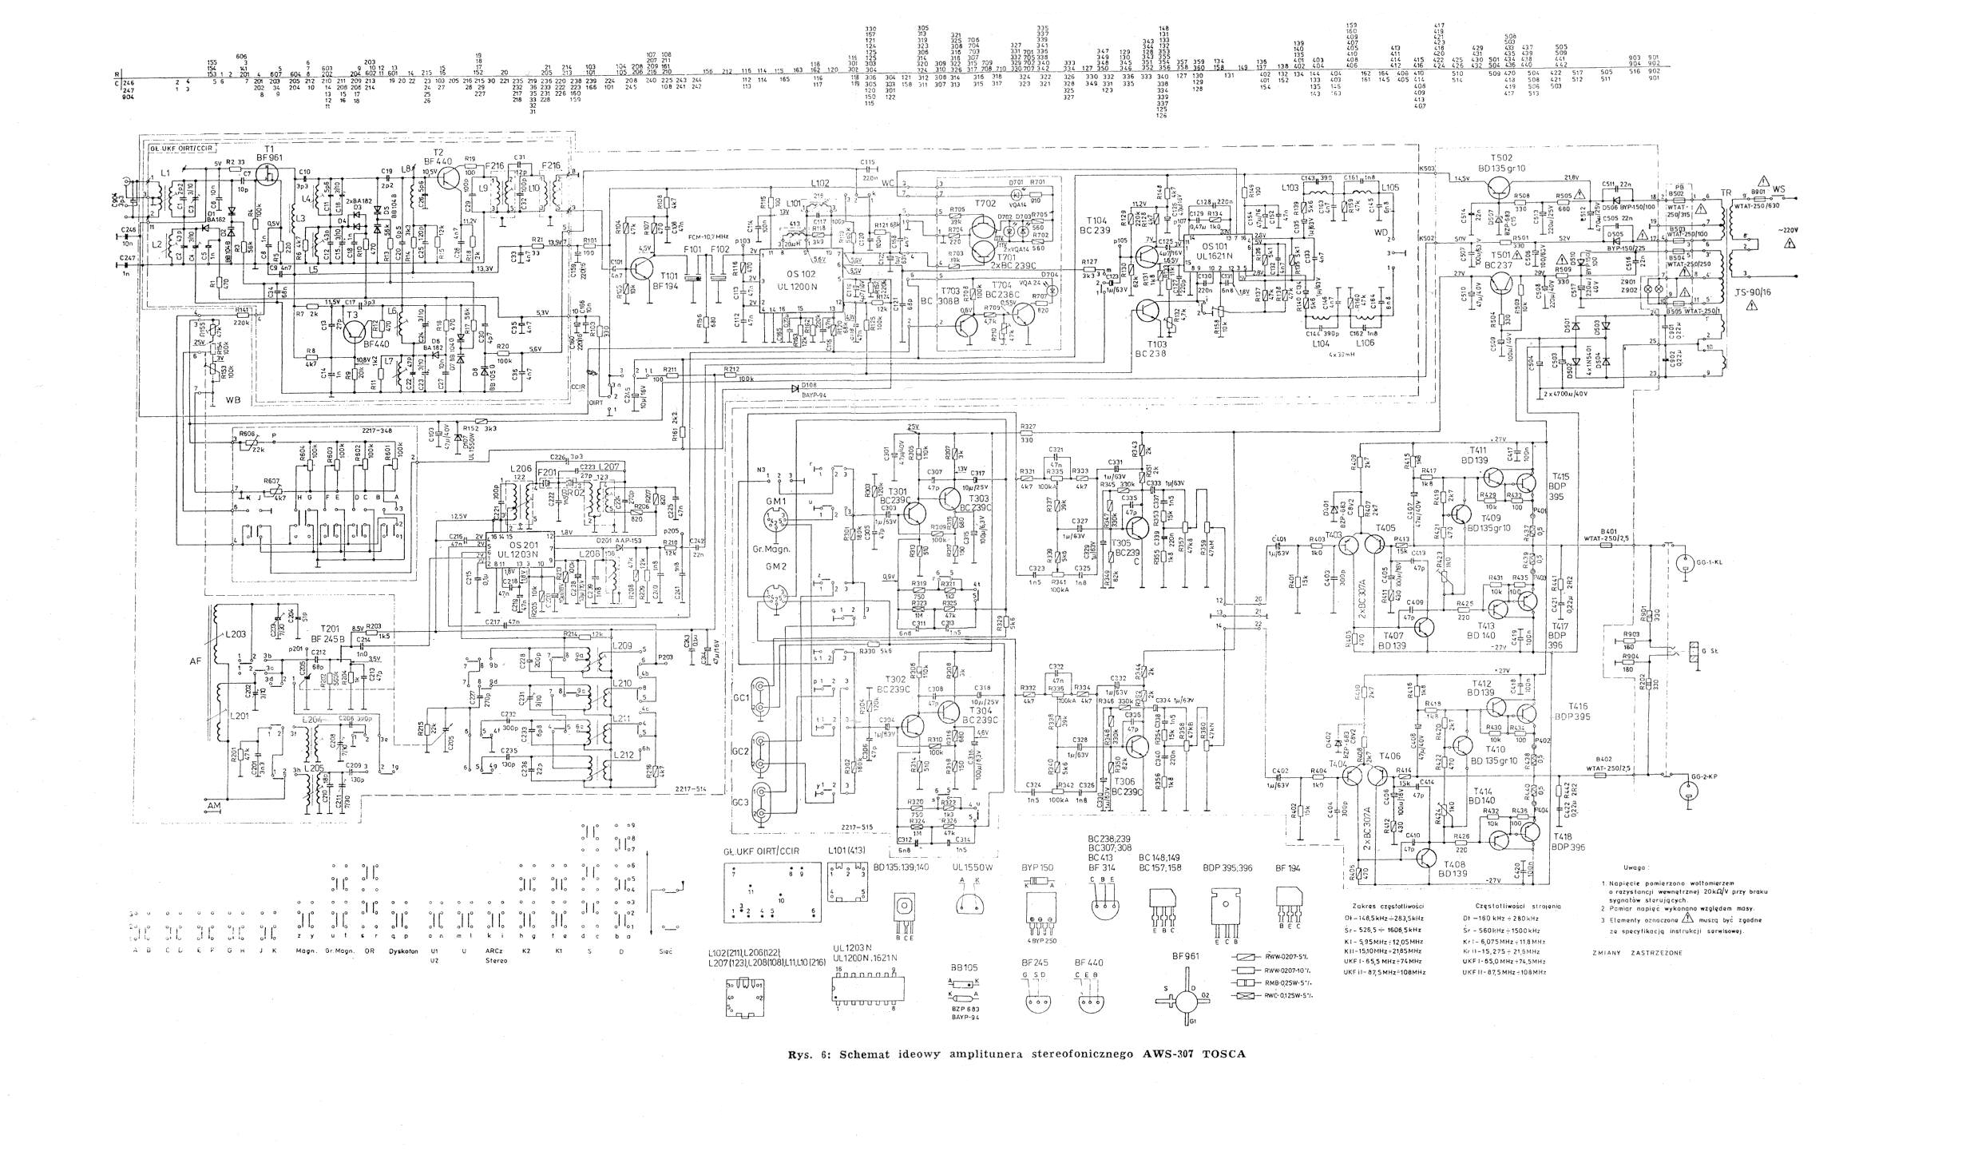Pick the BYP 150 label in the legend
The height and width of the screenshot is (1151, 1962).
pyautogui.click(x=1037, y=867)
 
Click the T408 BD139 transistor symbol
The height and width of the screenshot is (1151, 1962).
pyautogui.click(x=1428, y=858)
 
